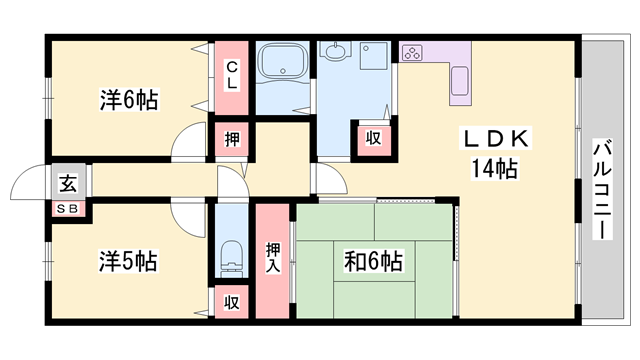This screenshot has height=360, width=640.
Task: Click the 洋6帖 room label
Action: (129, 100)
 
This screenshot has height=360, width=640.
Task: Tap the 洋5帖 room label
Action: (128, 261)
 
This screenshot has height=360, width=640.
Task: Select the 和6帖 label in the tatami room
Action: (373, 261)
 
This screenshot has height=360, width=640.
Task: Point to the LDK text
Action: (496, 138)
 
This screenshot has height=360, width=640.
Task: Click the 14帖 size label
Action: (495, 168)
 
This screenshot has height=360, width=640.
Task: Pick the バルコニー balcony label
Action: (602, 189)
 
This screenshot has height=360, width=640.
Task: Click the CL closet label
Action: (231, 75)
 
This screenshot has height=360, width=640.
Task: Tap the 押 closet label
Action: (232, 140)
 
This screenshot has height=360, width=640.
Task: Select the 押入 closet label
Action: (273, 258)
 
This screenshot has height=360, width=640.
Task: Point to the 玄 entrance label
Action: (68, 183)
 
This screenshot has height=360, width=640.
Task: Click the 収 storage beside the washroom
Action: (373, 138)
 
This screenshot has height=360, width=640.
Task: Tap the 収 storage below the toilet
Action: (231, 302)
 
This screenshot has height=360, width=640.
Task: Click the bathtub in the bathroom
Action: (283, 61)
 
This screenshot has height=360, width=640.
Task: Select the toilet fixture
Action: (231, 258)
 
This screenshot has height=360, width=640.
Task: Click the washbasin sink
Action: (336, 51)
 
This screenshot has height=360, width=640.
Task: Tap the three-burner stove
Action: (412, 53)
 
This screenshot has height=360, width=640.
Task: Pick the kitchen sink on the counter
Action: (460, 81)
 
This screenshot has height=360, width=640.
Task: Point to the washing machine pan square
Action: (373, 56)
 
